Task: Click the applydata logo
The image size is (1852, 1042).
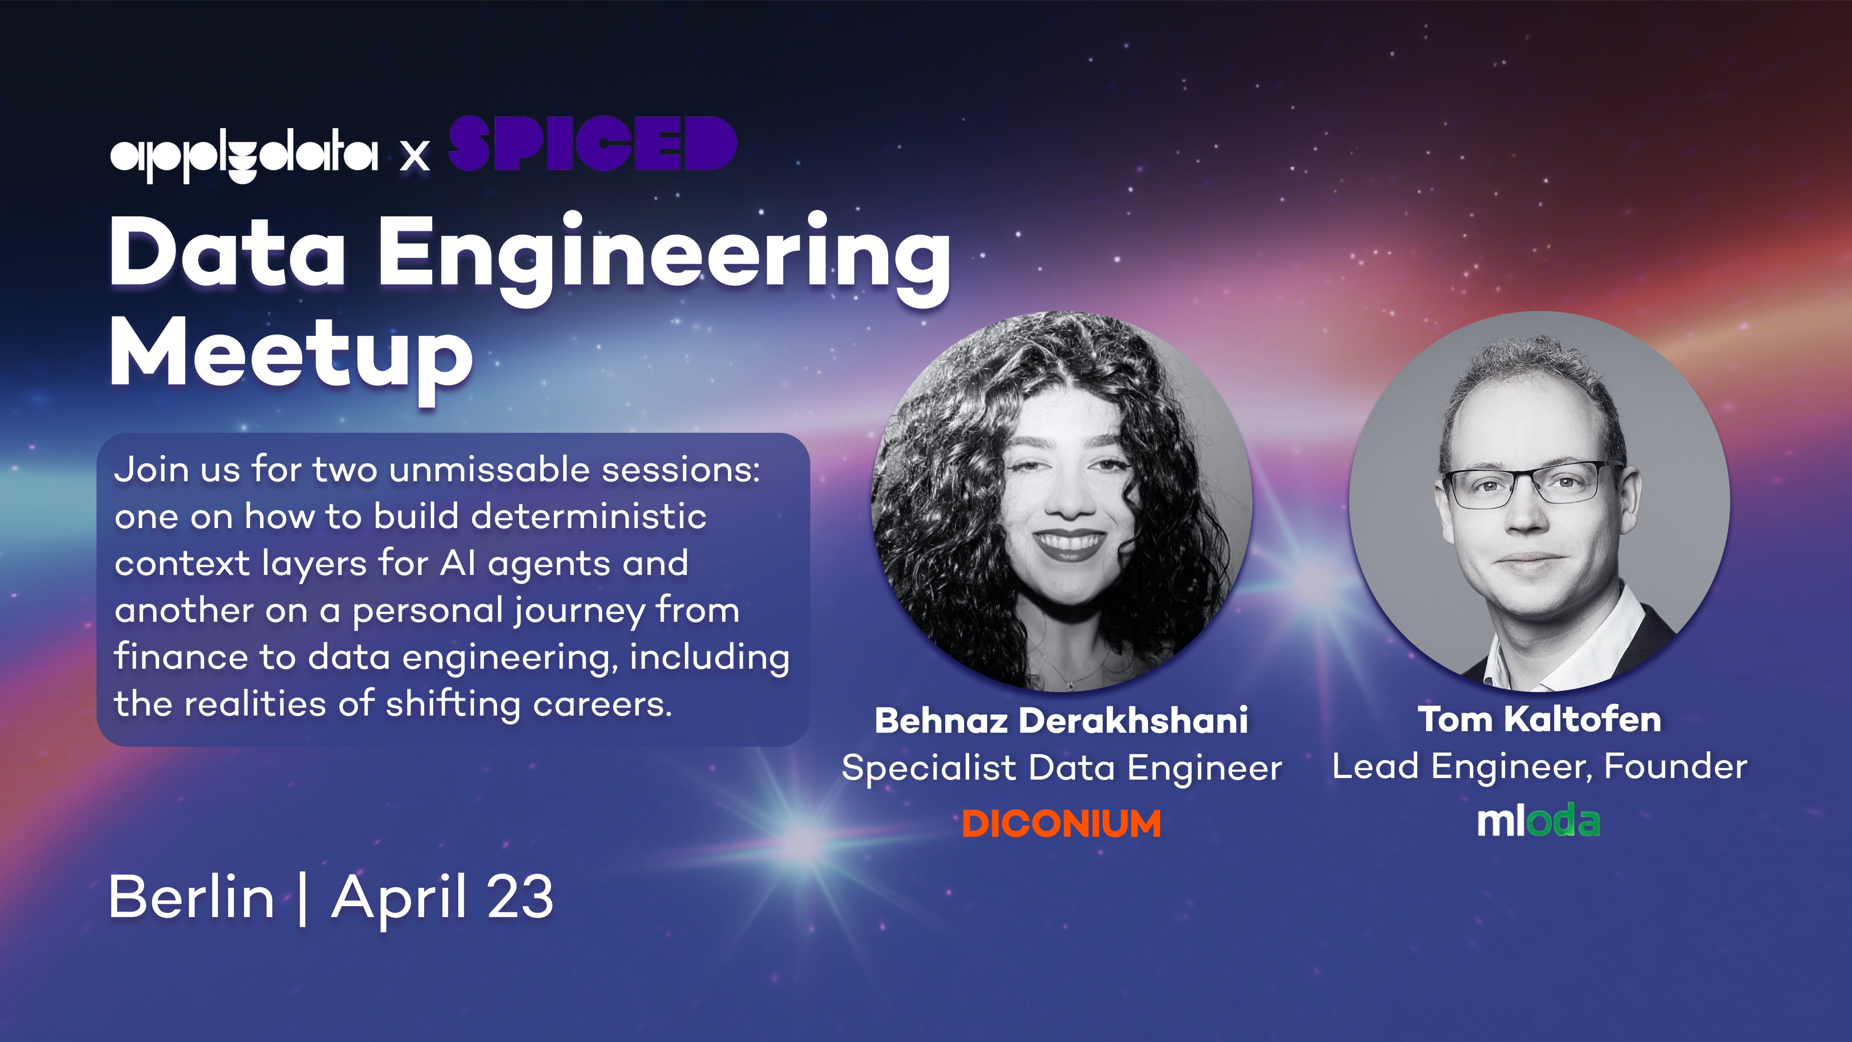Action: pyautogui.click(x=244, y=156)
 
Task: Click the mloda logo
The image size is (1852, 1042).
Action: pyautogui.click(x=1538, y=821)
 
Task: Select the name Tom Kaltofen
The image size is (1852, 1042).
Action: pyautogui.click(x=1539, y=719)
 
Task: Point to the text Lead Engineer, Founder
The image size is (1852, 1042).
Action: pyautogui.click(x=1539, y=767)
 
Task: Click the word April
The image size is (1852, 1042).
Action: pyautogui.click(x=399, y=899)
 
